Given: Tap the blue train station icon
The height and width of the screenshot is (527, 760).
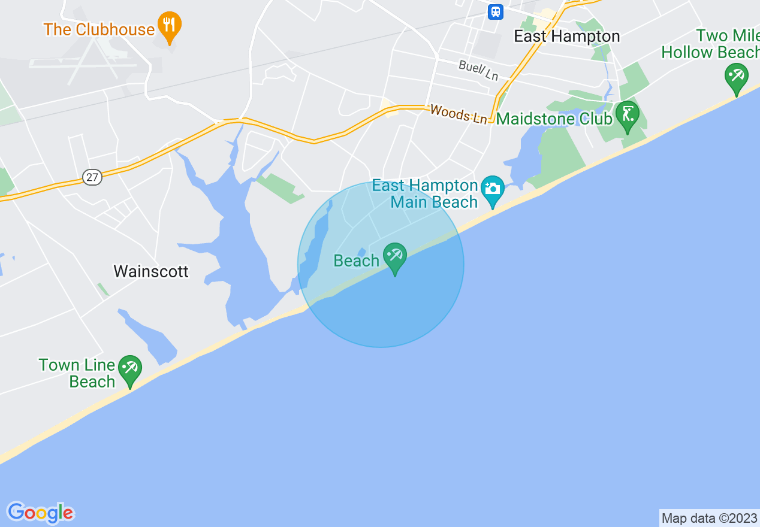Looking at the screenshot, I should pyautogui.click(x=495, y=11).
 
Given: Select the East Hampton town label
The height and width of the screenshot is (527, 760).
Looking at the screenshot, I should pyautogui.click(x=566, y=36).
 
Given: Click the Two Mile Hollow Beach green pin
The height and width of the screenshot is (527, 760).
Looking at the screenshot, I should pyautogui.click(x=736, y=77).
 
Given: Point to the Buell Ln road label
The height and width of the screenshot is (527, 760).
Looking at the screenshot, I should pyautogui.click(x=478, y=70).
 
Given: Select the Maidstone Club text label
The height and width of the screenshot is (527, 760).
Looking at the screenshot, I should pyautogui.click(x=554, y=119).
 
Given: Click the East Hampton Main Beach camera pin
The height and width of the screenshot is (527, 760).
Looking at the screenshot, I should pyautogui.click(x=492, y=189).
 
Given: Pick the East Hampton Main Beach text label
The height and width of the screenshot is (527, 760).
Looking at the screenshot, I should pyautogui.click(x=425, y=194).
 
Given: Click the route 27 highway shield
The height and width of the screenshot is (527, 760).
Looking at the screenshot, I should pyautogui.click(x=92, y=177).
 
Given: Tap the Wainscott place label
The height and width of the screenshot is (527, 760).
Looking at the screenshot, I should pyautogui.click(x=151, y=271).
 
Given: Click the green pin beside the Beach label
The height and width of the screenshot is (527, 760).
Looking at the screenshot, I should pyautogui.click(x=394, y=256).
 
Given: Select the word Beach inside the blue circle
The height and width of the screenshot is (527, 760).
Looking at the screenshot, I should pyautogui.click(x=357, y=261).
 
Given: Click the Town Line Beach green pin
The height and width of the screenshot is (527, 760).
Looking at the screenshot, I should pyautogui.click(x=129, y=369).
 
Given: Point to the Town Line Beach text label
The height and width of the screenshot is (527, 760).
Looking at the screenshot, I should pyautogui.click(x=77, y=373).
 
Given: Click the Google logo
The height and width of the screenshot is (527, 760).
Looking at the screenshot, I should pyautogui.click(x=41, y=513).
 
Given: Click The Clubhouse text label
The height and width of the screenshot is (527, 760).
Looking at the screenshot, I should pyautogui.click(x=99, y=29).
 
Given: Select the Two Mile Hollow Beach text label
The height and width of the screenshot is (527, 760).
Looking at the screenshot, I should pyautogui.click(x=710, y=44).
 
